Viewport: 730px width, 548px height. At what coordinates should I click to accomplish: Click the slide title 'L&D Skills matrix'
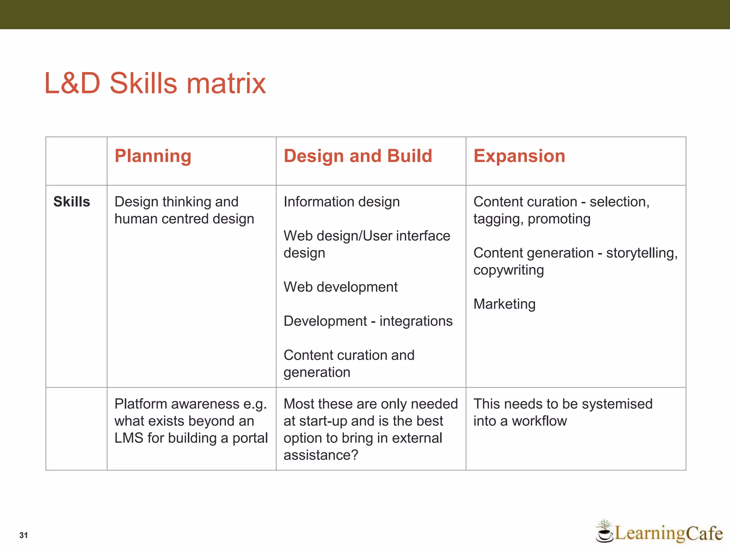coord(155,83)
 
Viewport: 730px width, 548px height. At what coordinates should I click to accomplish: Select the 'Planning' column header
coord(153,156)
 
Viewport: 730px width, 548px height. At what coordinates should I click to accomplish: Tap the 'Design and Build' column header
coord(358,156)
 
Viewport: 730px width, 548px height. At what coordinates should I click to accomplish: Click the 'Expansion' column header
coord(519,156)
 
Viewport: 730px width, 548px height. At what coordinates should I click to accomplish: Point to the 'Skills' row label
coord(72,202)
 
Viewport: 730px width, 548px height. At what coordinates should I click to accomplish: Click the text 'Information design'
coord(341,202)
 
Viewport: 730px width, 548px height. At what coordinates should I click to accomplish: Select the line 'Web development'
coord(340,287)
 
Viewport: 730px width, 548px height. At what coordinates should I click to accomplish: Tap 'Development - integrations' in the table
coord(368,321)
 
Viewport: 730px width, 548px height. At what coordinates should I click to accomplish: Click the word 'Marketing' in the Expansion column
coord(504,304)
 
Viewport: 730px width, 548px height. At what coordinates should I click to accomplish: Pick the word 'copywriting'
coord(508,270)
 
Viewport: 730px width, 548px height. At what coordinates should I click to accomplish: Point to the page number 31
coord(24,535)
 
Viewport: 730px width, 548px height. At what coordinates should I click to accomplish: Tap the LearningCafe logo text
coord(668,533)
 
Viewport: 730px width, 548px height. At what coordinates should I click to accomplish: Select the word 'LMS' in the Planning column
coord(129,438)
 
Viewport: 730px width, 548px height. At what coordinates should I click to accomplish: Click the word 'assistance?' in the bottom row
coord(320,455)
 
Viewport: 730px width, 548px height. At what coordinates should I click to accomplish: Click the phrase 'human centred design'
coord(184,219)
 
